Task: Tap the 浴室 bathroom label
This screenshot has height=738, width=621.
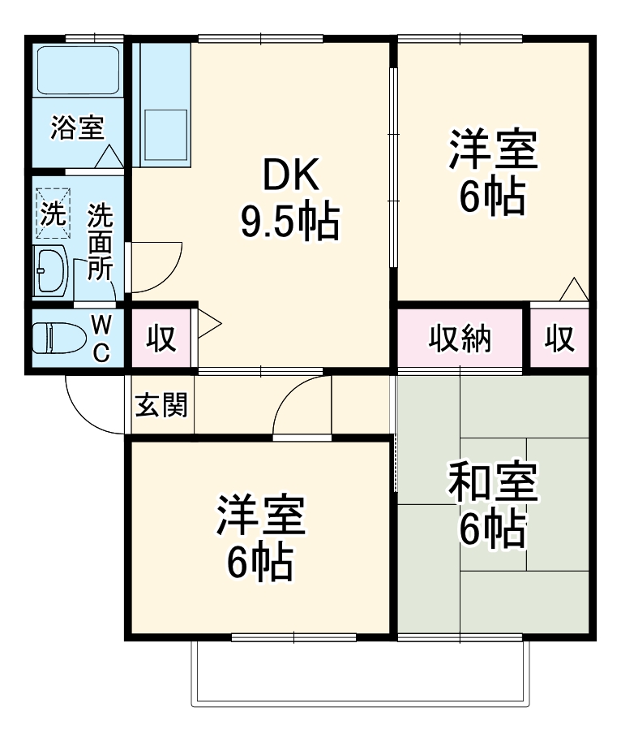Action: coord(77,128)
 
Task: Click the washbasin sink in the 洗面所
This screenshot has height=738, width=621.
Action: coord(52,270)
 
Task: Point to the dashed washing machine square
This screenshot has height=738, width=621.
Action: coord(53,215)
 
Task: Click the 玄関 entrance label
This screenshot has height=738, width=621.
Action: coord(161,404)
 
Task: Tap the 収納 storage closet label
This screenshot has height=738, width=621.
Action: coord(460,339)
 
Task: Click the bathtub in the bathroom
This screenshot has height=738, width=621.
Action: coord(78,68)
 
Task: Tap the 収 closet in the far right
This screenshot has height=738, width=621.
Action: coord(559,339)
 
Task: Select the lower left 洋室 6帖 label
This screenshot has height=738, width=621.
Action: coord(259,538)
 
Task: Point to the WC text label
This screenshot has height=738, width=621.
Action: coord(101,338)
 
